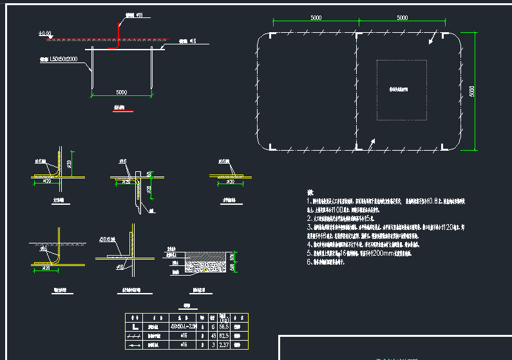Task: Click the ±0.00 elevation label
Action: click(x=44, y=33)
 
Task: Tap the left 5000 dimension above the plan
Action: click(x=315, y=18)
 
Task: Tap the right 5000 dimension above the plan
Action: click(x=401, y=18)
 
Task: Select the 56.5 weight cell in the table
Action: click(x=223, y=327)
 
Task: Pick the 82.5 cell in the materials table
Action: click(x=223, y=336)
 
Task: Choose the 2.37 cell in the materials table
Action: click(x=223, y=346)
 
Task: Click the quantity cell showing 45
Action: click(x=213, y=336)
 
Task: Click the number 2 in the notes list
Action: click(x=308, y=218)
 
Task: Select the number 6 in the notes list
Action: click(x=308, y=263)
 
